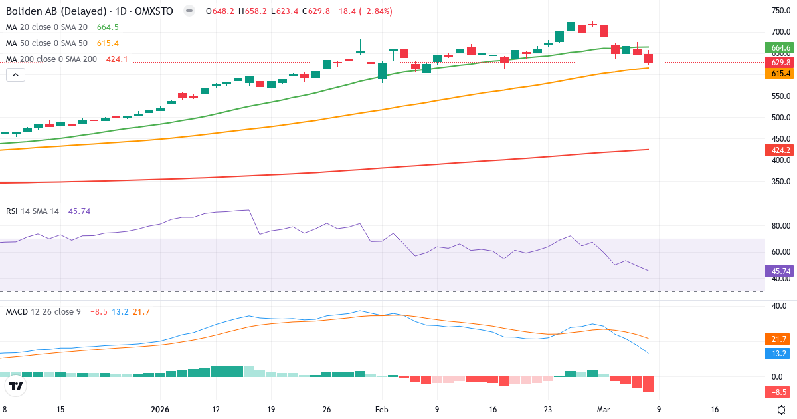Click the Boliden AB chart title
click(x=90, y=11)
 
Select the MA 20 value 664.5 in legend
click(x=108, y=27)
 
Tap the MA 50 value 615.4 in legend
click(x=108, y=43)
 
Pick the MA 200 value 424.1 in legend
click(x=116, y=59)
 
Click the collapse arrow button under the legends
click(x=15, y=75)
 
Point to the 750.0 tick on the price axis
click(x=780, y=11)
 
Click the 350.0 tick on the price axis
click(x=780, y=182)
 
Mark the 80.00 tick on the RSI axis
click(x=780, y=226)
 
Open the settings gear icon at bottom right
click(x=782, y=410)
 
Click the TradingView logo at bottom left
click(x=17, y=386)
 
